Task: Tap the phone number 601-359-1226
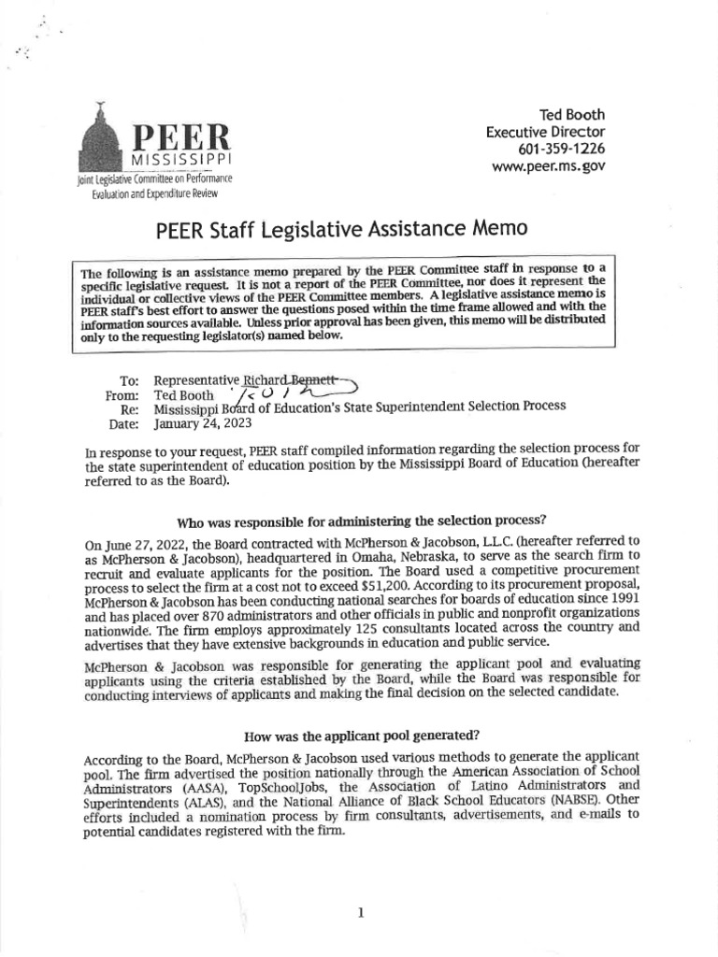561,150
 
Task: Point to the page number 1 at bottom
360,887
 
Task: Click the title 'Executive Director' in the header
545,133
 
